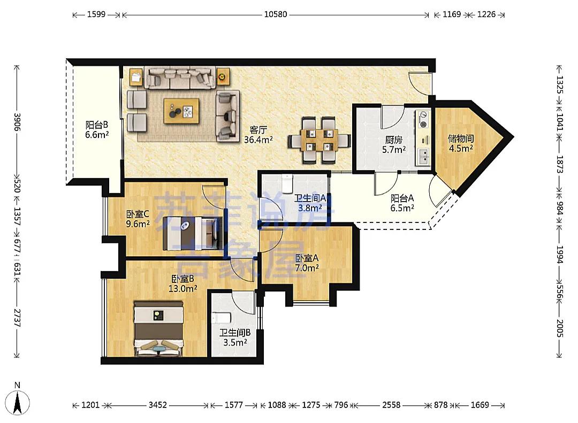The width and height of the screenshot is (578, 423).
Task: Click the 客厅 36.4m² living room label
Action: (258, 135)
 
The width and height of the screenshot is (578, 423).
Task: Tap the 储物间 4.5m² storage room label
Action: (461, 143)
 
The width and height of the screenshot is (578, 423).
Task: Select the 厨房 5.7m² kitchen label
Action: (394, 145)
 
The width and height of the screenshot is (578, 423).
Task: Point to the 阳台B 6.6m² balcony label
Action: (97, 130)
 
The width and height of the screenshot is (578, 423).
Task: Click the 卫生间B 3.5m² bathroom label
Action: (235, 337)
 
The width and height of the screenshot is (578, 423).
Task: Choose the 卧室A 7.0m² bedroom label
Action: (307, 263)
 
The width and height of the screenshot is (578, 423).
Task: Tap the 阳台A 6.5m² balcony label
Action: (402, 203)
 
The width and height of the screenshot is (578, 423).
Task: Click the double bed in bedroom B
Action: (158, 329)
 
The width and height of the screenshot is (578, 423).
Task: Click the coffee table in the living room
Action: (181, 111)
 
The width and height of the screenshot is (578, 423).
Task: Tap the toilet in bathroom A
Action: (287, 183)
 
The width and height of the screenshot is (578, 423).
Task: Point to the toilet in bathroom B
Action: (221, 318)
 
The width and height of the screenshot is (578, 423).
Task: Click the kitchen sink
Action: (423, 156)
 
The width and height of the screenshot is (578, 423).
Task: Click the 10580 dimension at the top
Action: (276, 14)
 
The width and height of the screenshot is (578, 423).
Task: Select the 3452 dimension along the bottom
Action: (157, 405)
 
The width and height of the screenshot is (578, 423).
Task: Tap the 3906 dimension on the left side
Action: (17, 121)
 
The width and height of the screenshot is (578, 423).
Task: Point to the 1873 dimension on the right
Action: (559, 164)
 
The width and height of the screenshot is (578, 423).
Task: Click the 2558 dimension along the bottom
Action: (391, 405)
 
